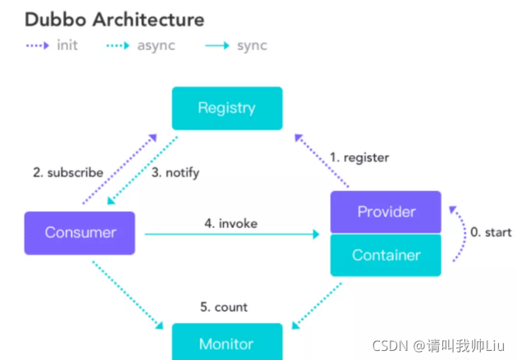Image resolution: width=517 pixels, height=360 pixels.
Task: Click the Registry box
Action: coord(227,108)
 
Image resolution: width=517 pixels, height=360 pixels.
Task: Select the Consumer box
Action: coord(80,233)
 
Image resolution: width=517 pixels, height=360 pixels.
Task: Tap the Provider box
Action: coord(386,212)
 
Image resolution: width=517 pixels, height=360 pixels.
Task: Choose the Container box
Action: coord(386,255)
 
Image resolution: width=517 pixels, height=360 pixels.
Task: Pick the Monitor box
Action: coord(227,342)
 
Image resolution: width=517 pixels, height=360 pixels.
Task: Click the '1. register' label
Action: coord(359,157)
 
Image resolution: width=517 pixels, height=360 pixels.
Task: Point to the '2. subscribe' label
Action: coord(68,172)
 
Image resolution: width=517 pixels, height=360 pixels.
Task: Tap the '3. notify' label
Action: coord(176,172)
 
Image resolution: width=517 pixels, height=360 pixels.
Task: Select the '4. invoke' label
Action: coord(231,223)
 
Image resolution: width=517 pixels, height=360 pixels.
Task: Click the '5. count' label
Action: coord(223,307)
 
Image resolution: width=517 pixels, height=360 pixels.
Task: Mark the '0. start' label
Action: coord(491,232)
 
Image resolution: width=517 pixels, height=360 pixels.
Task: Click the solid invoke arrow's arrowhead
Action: coord(316,235)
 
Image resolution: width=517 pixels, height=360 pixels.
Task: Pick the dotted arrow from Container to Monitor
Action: coord(317,306)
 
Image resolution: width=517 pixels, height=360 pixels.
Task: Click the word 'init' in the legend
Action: coord(67,45)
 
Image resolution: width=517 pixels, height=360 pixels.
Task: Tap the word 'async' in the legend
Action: coord(156,46)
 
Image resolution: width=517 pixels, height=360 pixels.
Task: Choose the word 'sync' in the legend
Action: coord(252,46)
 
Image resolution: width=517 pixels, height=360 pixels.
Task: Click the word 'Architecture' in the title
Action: coord(149,20)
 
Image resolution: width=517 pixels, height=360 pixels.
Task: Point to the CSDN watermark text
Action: coord(438,346)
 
